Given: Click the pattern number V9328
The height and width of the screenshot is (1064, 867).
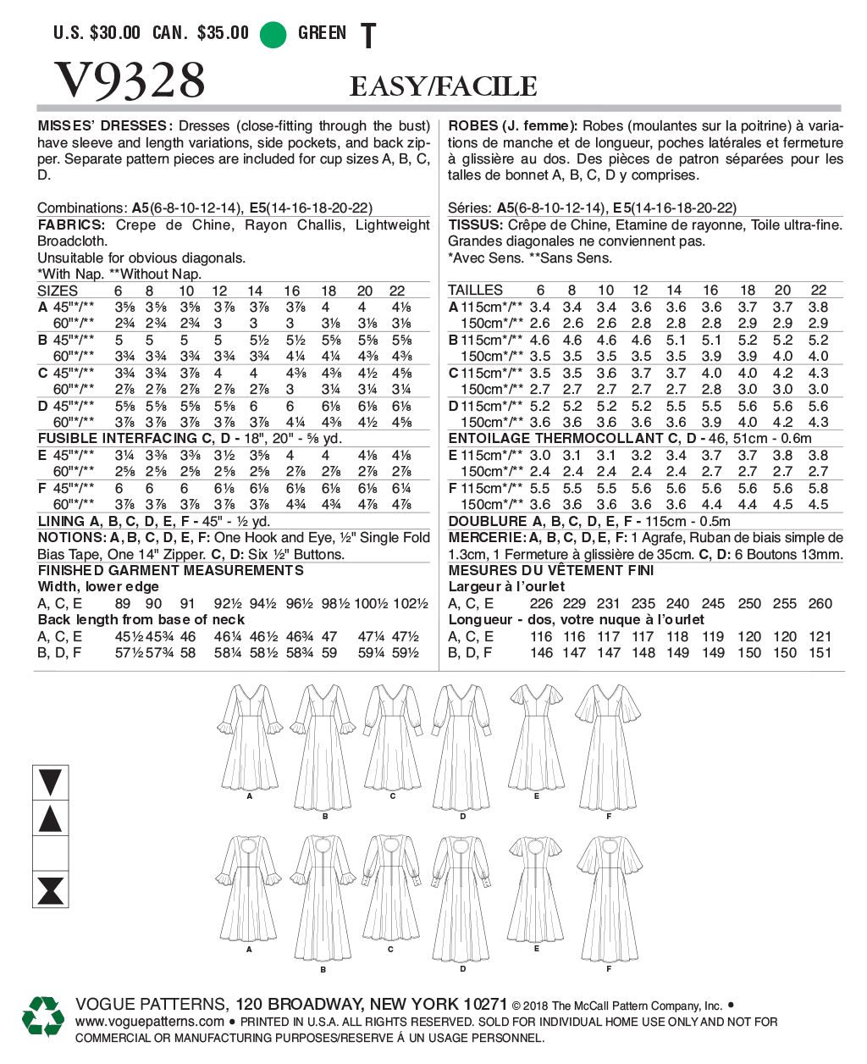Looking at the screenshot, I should (130, 80).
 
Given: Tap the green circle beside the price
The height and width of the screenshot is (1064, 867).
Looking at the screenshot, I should (273, 34).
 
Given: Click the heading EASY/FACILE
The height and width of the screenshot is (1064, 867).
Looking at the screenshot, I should (443, 86).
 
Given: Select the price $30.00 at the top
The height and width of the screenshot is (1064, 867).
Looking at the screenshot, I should (115, 33).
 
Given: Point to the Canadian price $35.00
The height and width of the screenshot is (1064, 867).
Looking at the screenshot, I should (223, 33).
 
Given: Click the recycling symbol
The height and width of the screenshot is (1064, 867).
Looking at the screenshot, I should (43, 1016).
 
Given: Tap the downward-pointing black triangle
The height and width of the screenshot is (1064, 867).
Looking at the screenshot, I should (51, 782).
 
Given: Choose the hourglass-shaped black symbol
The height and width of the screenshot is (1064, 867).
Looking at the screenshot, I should (51, 891).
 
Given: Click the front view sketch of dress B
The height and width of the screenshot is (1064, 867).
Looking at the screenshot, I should (324, 745).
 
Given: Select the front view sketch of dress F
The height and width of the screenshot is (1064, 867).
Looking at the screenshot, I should (608, 745).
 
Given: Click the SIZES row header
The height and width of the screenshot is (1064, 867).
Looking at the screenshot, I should (58, 291).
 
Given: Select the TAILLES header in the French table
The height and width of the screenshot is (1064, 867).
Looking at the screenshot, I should (475, 291).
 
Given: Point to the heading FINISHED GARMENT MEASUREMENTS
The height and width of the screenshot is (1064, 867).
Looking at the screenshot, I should (170, 570).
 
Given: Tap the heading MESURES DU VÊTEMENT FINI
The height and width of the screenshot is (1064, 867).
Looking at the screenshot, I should (551, 570).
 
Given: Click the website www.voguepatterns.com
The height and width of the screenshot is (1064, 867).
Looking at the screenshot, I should (150, 1022).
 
